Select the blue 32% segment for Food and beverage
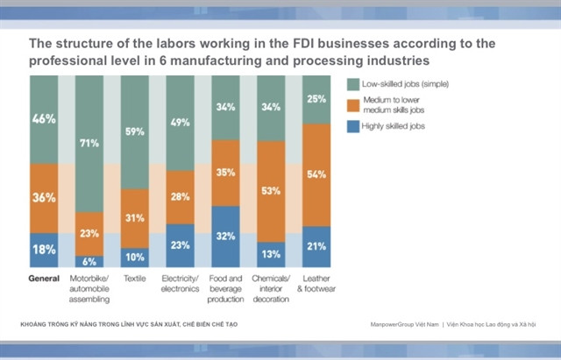(x=226, y=236)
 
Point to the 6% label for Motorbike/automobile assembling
(x=90, y=261)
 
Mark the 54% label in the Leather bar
(x=316, y=174)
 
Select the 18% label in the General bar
(x=44, y=250)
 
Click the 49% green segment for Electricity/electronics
(x=181, y=124)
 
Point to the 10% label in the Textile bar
(x=135, y=257)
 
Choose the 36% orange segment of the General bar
(x=44, y=198)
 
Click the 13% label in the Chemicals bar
(x=272, y=254)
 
